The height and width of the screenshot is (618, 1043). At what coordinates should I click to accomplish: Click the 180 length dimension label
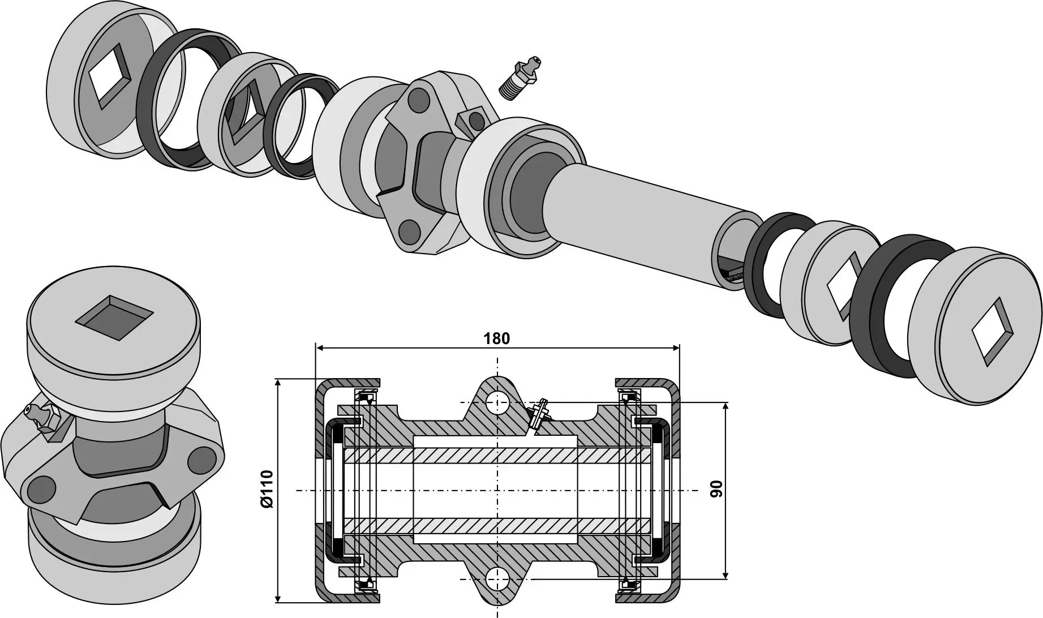tap(496, 338)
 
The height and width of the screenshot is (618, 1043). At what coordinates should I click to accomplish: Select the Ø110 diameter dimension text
tap(267, 488)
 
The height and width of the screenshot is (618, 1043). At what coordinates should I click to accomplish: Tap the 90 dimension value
tap(716, 488)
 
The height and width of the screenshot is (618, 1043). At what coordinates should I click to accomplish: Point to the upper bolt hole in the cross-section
tap(497, 403)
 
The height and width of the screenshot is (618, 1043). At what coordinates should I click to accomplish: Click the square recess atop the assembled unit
tap(114, 317)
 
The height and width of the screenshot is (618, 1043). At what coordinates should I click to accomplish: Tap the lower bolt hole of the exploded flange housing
tap(409, 231)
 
